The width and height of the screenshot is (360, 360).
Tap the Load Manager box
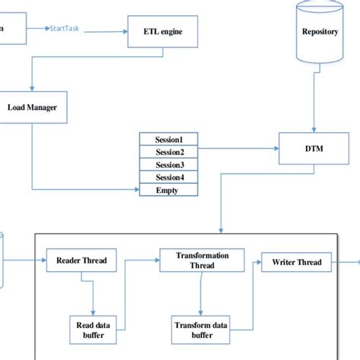[x=32, y=107]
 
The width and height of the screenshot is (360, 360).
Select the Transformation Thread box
[x=202, y=261]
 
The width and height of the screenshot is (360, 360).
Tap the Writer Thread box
[x=297, y=263]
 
